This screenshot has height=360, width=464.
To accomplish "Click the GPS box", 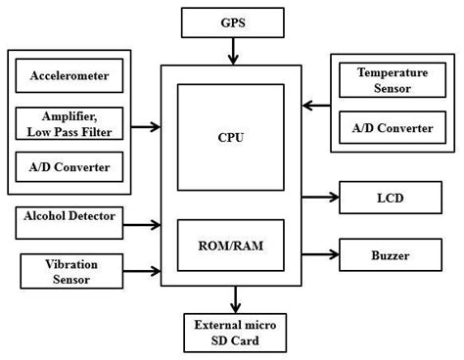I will click(x=233, y=22).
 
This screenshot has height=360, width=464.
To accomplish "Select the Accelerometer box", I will click(x=70, y=75).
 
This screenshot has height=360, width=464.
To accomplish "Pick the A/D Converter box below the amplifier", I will click(x=70, y=167).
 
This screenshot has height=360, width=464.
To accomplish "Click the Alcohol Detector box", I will click(x=70, y=216).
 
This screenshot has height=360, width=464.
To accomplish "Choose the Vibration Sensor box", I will click(x=70, y=271).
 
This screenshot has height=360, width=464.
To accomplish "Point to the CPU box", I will click(x=231, y=137).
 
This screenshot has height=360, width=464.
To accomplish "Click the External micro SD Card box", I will click(x=235, y=333).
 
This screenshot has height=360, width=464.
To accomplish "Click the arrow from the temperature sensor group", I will click(x=318, y=105).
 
